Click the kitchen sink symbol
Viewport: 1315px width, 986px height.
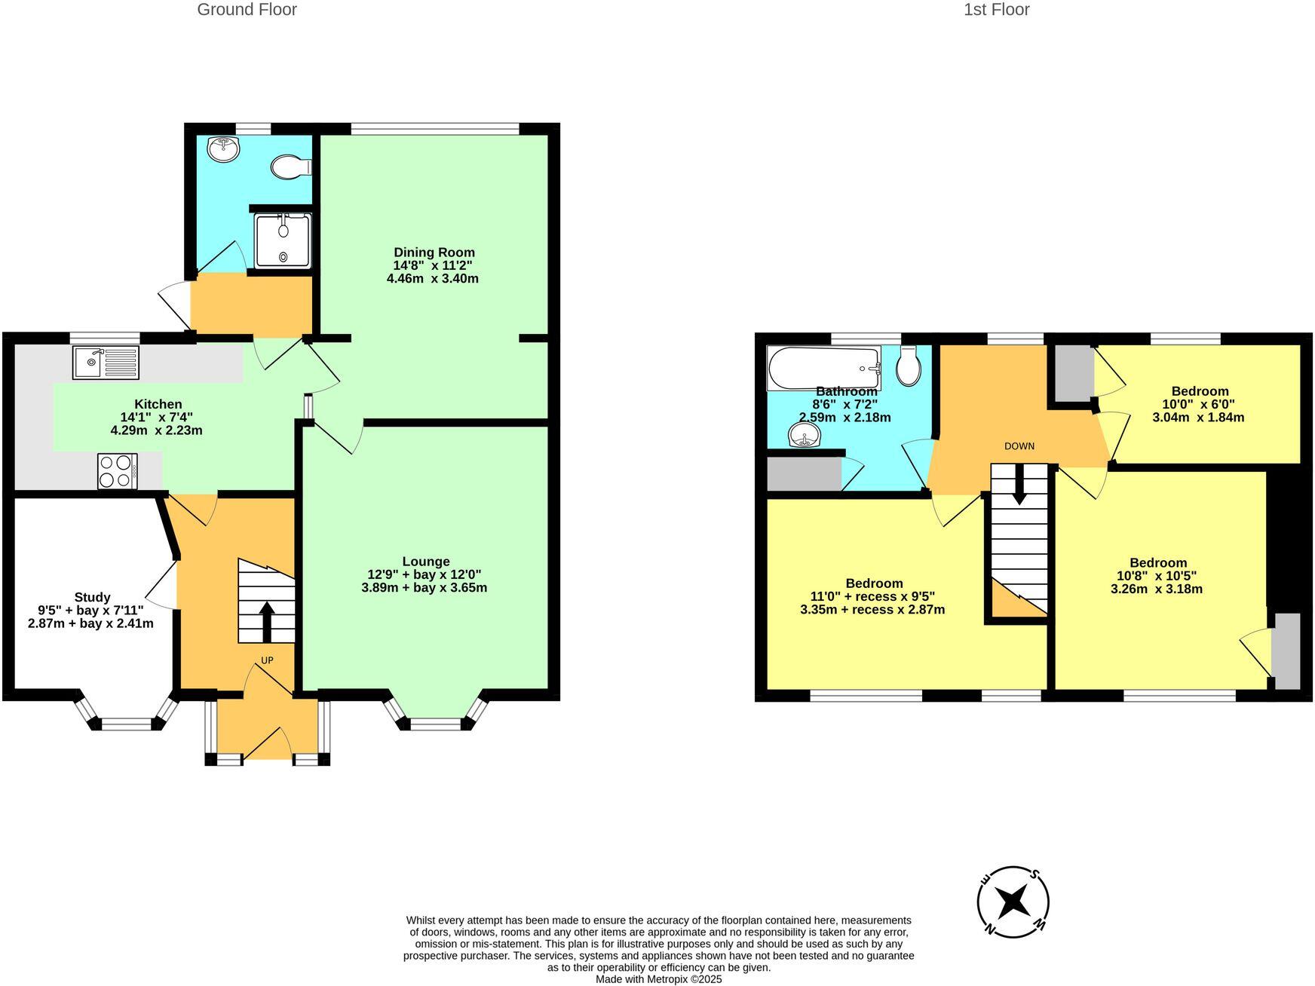[106, 362]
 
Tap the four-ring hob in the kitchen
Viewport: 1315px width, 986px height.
[118, 471]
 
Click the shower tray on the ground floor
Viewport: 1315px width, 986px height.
[283, 240]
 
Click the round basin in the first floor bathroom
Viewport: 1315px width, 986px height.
[805, 435]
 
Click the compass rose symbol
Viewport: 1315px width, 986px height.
[1013, 901]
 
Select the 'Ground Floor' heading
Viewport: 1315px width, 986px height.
[247, 10]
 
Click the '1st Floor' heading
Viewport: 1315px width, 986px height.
[996, 10]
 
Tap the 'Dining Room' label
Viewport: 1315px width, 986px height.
[434, 253]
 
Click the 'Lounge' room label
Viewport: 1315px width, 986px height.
[426, 562]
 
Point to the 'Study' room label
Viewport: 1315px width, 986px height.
[92, 597]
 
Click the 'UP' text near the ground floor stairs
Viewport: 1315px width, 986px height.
[267, 660]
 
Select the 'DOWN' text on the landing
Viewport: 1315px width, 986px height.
[1019, 446]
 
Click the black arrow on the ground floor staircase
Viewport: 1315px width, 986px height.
[267, 620]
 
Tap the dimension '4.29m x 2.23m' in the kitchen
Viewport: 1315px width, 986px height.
[156, 431]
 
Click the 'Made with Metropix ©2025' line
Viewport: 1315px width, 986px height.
[658, 979]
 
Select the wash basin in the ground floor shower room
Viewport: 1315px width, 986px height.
[224, 149]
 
